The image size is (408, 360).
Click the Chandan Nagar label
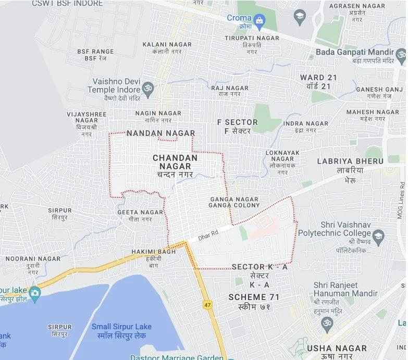click(175, 162)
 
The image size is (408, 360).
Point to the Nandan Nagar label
click(160, 133)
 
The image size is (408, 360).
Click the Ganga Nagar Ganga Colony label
click(234, 202)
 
